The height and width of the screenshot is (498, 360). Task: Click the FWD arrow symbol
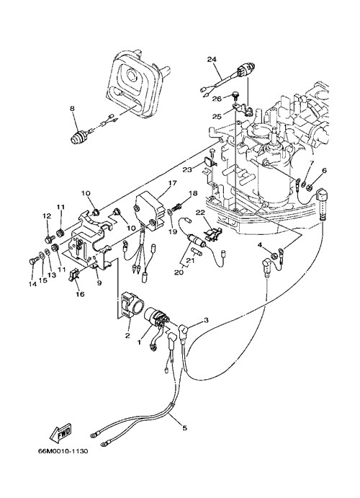(61, 433)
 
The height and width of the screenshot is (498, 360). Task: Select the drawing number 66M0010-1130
(63, 451)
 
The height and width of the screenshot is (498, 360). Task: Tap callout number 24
(212, 59)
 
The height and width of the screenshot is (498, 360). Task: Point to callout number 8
(72, 108)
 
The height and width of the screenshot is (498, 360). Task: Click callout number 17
(172, 183)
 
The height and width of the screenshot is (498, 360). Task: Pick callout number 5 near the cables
(185, 428)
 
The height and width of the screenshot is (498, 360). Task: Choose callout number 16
(80, 294)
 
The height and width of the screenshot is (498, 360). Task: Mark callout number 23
(187, 170)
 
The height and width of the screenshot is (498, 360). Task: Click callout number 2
(127, 336)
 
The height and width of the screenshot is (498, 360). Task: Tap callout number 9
(99, 283)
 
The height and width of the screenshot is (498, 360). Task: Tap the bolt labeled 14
(33, 260)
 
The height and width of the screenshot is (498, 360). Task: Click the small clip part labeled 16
(73, 275)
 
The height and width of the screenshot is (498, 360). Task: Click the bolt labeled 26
(235, 95)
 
